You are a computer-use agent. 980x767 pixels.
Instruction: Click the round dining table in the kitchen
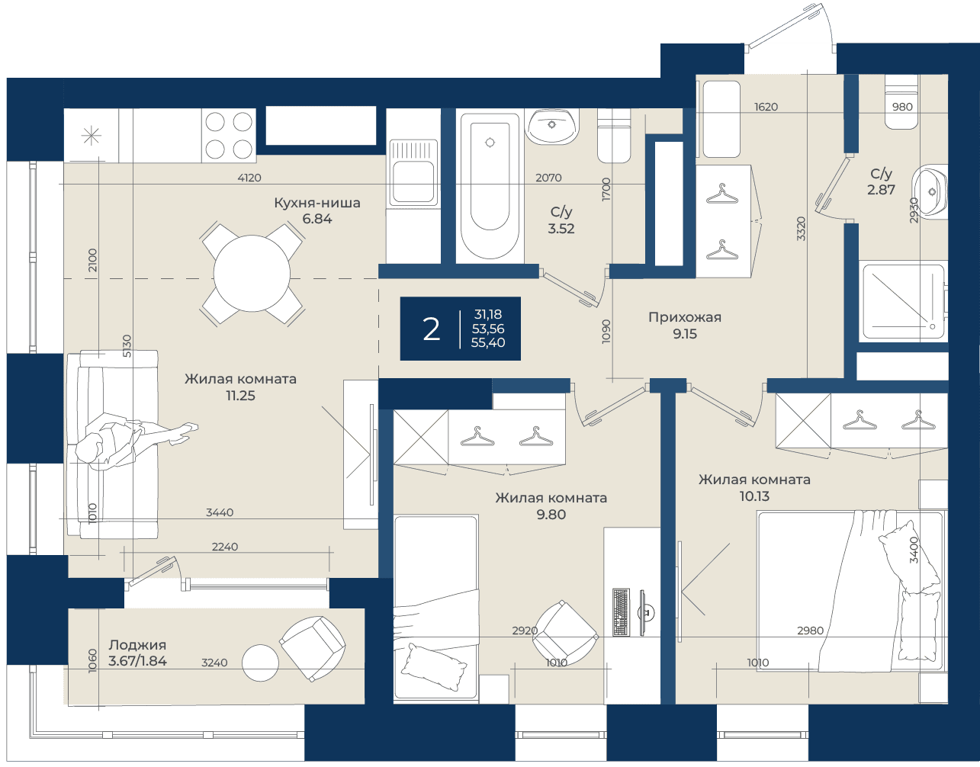coord(252,273)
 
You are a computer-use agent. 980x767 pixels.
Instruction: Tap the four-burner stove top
coord(229,135)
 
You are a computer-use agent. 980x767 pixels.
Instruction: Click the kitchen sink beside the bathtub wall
coord(413,172)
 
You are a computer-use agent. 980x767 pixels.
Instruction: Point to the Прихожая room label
coord(685,317)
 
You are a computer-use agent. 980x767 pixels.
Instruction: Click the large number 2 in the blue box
coord(431,329)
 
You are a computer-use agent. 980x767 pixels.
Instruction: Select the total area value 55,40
coord(488,342)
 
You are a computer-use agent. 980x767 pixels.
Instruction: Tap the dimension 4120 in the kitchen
coord(249,178)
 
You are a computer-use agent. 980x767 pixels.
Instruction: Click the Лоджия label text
coord(137,645)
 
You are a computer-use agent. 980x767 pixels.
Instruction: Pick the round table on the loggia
coord(260,663)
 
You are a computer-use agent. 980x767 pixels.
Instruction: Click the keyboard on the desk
coord(621,612)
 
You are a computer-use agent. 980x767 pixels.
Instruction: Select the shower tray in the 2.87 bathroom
coord(903,302)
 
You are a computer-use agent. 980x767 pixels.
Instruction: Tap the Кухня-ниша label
coord(317,203)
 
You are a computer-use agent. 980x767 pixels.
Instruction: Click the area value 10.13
coord(754,496)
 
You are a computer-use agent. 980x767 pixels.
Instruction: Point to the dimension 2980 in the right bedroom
coord(810,631)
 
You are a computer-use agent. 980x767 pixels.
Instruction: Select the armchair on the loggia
coord(312,649)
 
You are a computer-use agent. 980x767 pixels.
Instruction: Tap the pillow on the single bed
coord(434,667)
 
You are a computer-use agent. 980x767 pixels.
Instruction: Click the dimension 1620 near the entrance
coord(766,107)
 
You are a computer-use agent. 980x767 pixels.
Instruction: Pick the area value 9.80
coord(551,514)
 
